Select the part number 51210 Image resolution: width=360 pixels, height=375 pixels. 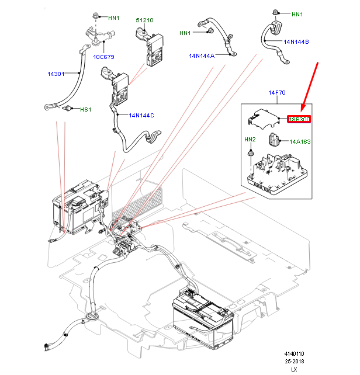144,20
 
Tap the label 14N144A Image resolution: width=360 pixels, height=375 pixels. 201,56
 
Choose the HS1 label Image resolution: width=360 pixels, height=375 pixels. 85,109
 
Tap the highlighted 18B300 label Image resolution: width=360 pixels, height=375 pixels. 299,119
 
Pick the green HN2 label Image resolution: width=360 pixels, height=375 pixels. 250,139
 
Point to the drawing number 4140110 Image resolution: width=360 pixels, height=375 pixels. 295,354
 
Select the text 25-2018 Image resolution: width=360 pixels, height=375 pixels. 295,362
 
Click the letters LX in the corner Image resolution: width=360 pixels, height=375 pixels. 295,369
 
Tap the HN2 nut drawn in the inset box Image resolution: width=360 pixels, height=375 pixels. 250,153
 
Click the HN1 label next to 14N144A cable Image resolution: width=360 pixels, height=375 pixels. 185,33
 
